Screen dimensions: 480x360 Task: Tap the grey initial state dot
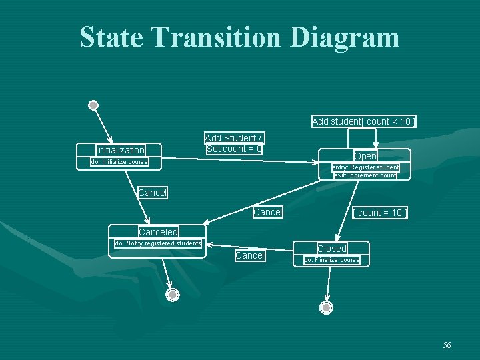point(93,105)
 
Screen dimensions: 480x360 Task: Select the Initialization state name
point(120,150)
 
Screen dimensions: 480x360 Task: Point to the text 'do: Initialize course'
point(119,162)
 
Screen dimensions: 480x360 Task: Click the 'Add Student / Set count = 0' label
point(234,143)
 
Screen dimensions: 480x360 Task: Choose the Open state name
point(365,156)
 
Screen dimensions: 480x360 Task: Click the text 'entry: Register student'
point(365,167)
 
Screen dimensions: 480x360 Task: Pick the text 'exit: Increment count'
point(365,175)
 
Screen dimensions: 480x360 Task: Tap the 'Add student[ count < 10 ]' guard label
point(364,121)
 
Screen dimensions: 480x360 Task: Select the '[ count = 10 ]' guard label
point(379,213)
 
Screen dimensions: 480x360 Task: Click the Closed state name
point(331,249)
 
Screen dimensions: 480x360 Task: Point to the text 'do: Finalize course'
point(331,260)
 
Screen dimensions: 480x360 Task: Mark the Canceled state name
point(158,232)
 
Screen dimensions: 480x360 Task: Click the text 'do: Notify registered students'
point(158,243)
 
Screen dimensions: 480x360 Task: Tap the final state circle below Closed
point(326,307)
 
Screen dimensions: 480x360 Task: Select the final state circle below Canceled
point(173,295)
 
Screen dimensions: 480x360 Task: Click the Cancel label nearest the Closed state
point(250,255)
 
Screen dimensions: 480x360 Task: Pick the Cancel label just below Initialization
point(153,193)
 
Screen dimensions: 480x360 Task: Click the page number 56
point(447,345)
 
